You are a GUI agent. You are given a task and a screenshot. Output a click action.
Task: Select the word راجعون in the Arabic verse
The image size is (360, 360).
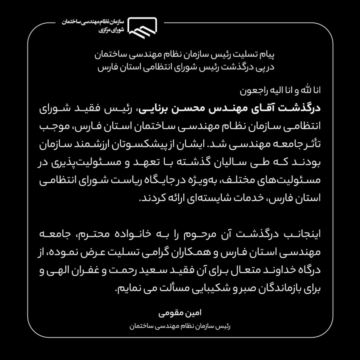coord(250,90)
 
